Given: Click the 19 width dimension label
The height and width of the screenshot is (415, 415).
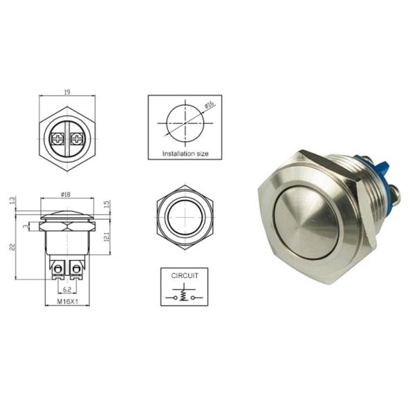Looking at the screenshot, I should coord(67,92).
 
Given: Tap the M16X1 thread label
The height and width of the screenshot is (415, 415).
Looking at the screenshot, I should coord(66,302).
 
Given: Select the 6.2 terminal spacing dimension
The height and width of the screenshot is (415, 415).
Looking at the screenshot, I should coord(67,288).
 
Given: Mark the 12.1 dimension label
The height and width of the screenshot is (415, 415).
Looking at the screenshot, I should coord(105,238).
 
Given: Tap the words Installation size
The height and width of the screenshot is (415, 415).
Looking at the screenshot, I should coord(185,154).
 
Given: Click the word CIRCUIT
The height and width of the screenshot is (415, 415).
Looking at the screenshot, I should coord(185,275).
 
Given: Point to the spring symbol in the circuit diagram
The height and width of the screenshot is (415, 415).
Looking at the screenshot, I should coord(185,294).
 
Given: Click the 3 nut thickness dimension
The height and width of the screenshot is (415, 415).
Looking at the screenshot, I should coord(26,226).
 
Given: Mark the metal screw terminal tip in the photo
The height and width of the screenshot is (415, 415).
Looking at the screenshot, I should coord(396,190).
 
